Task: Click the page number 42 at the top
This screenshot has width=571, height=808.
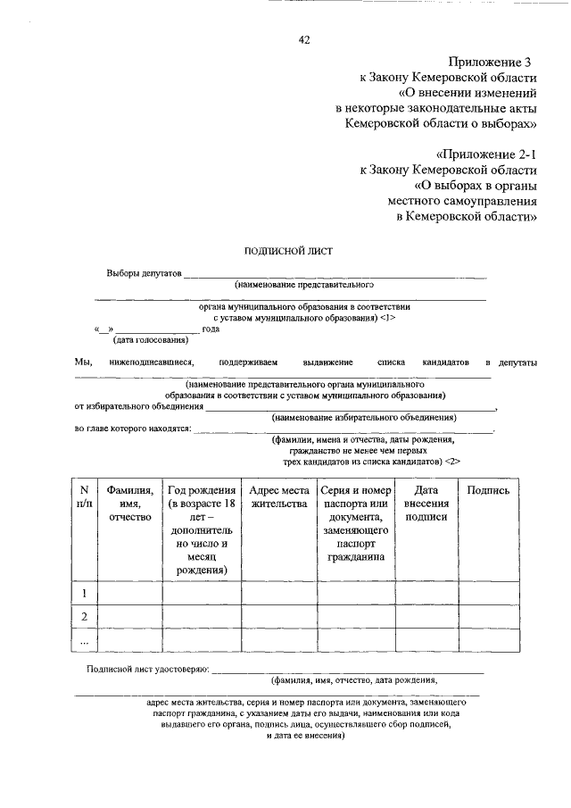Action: point(303,39)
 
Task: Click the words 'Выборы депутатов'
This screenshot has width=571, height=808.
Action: point(143,272)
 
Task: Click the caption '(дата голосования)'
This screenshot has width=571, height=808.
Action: point(150,340)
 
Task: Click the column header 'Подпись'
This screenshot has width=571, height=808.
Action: point(488,490)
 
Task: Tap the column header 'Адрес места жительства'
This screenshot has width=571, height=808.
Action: point(277,496)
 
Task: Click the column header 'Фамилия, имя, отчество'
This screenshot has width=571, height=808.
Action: point(129,504)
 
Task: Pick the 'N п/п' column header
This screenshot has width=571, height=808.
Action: point(84,496)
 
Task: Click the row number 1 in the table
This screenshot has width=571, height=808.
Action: point(84,593)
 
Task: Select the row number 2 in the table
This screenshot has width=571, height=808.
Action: point(84,617)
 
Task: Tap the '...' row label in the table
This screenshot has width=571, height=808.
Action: point(84,640)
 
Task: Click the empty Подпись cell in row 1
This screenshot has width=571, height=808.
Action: point(488,593)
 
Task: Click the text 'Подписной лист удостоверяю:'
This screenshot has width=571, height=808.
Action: point(147,669)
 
